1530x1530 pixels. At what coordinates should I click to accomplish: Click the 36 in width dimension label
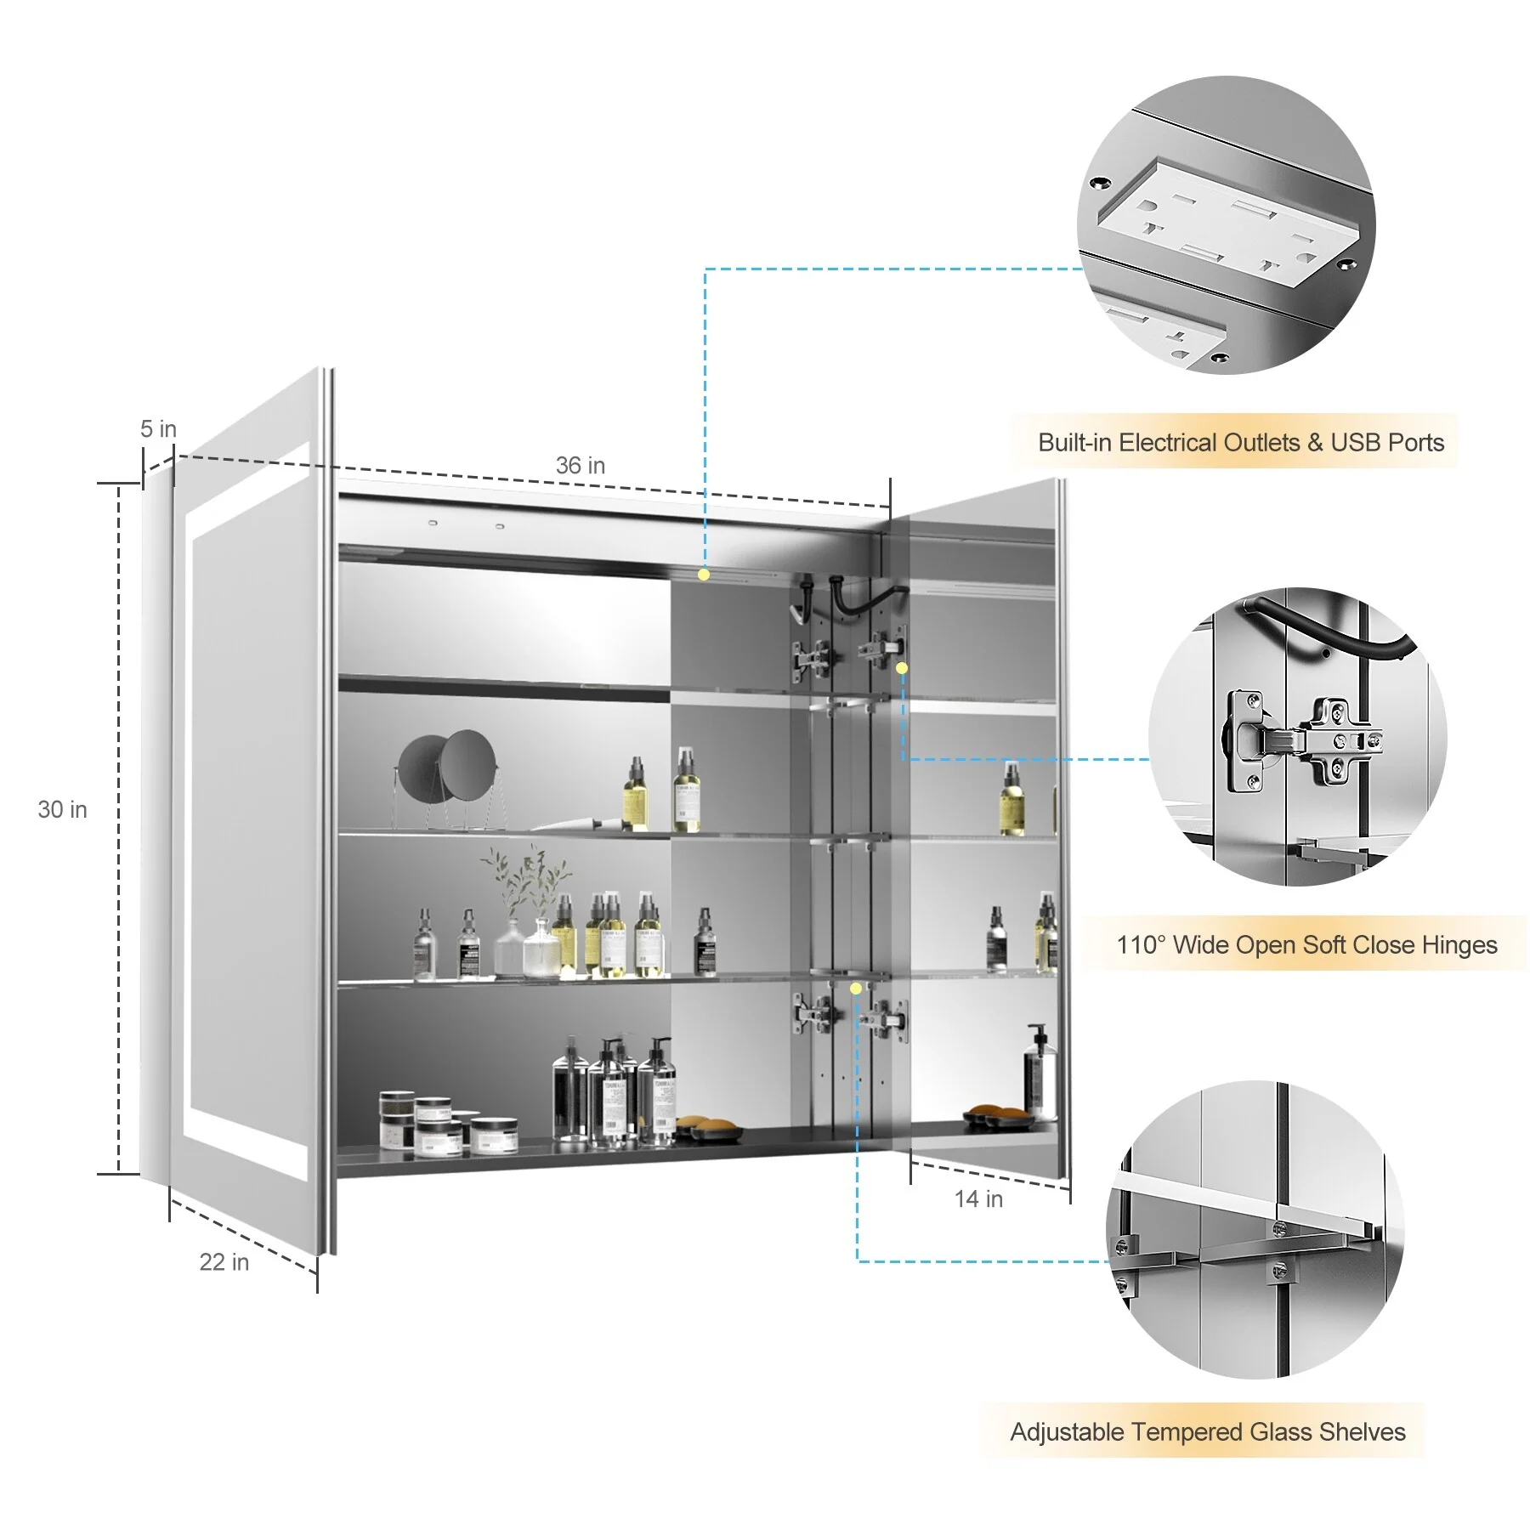tap(580, 466)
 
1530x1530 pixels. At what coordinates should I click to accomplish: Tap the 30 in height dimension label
tap(62, 809)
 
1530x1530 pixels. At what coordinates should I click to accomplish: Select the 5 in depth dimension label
tap(158, 429)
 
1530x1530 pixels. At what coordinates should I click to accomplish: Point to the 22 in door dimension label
tap(224, 1262)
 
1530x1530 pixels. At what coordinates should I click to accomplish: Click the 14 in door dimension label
tap(978, 1198)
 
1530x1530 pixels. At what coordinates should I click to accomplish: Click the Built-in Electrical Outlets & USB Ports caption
tap(1241, 442)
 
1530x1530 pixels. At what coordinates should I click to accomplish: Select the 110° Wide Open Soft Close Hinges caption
tap(1306, 944)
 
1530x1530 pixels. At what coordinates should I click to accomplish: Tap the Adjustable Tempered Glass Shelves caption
tap(1208, 1432)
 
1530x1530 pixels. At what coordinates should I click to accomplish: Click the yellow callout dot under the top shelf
tap(704, 575)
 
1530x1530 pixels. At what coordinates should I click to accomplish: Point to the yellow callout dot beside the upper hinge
tap(902, 668)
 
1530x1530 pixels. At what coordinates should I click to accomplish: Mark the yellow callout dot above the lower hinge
tap(856, 989)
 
